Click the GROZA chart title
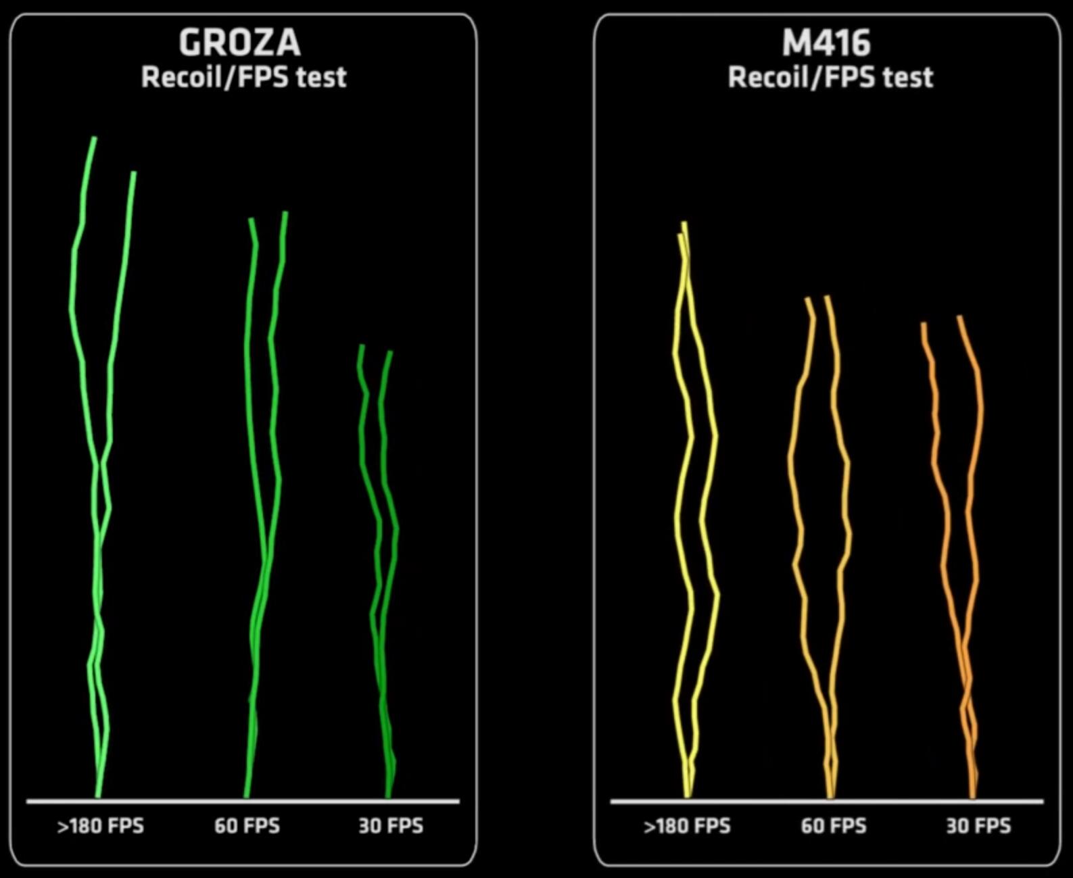tap(239, 43)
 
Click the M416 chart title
tap(826, 43)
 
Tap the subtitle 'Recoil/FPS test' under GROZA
tap(243, 77)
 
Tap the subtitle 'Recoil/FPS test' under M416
tap(830, 77)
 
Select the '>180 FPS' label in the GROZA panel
tap(101, 826)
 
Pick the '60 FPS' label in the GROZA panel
tap(247, 826)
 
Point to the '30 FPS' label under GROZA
tap(391, 826)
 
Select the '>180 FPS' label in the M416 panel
tap(687, 826)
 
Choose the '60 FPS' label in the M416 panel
tap(833, 826)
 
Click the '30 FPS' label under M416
tap(978, 826)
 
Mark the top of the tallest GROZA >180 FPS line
tap(94, 139)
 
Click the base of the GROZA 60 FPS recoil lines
tap(247, 795)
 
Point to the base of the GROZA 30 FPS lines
tap(389, 795)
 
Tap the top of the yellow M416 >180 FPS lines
tap(684, 224)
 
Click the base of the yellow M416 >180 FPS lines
tap(687, 795)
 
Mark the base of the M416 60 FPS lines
tap(831, 795)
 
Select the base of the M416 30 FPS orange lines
tap(973, 795)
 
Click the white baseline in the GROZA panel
tap(243, 802)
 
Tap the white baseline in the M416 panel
tap(826, 802)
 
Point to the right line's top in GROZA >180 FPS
tap(133, 173)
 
